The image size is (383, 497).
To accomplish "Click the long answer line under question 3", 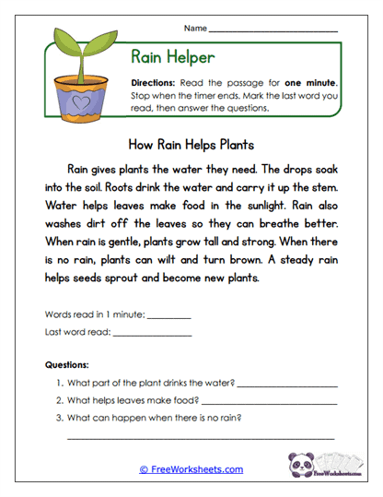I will tap(201, 437).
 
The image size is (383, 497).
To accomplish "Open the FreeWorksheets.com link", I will tap(191, 469).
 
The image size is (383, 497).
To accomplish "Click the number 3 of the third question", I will tap(60, 418).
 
